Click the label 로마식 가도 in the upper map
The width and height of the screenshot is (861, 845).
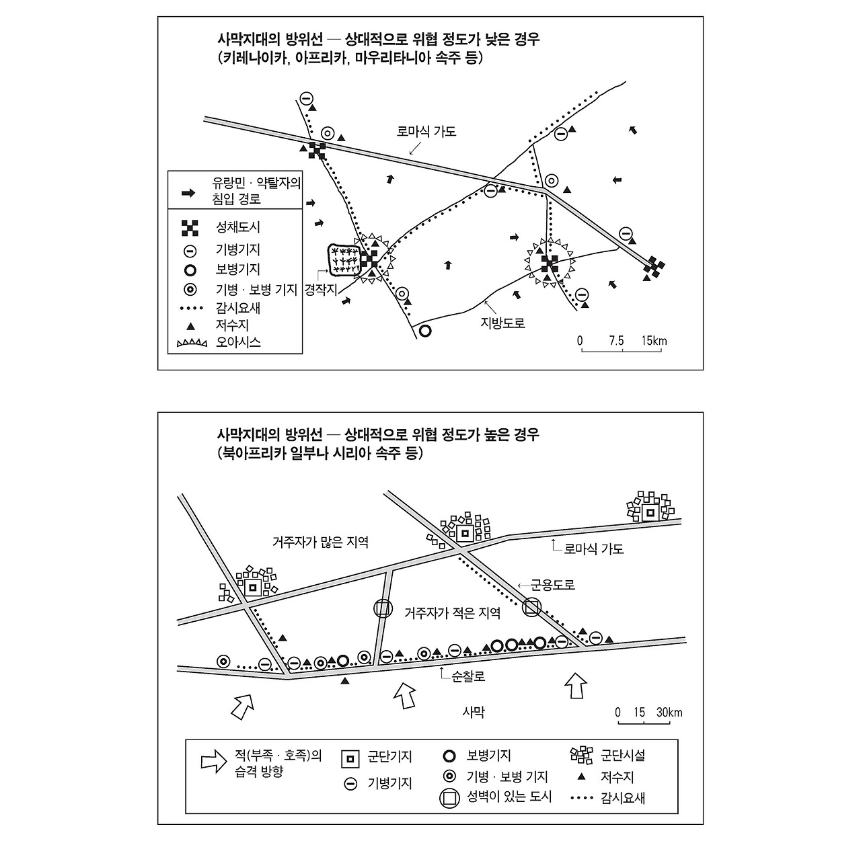426,132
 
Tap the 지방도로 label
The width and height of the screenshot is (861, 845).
502,323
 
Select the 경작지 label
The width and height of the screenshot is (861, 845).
322,289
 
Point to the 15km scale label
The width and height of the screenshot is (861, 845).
654,341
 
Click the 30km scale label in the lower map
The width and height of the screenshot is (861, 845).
670,713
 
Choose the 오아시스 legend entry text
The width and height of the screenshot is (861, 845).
238,342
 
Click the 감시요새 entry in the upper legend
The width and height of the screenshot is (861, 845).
238,308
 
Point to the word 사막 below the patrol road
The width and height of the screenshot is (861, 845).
474,712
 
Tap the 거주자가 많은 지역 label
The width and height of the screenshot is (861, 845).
320,542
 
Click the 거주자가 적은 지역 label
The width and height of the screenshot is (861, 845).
452,612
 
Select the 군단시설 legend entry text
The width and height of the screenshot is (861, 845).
623,755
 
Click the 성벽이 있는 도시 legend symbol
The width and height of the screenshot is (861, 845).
449,798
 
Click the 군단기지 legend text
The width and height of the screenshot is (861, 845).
389,756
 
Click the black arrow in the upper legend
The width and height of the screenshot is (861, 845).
188,193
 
